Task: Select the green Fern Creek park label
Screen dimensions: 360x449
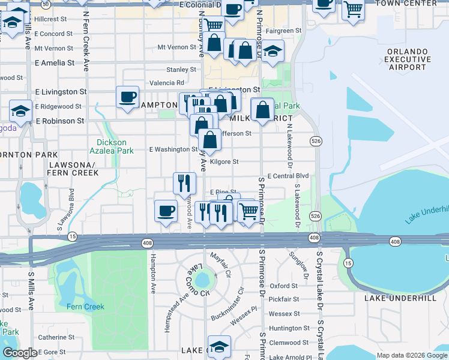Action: pyautogui.click(x=85, y=307)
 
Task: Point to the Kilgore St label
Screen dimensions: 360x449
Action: pyautogui.click(x=225, y=161)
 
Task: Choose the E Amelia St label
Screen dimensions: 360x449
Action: pyautogui.click(x=55, y=62)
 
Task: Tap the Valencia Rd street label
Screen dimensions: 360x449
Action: pyautogui.click(x=167, y=83)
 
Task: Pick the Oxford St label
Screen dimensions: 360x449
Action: pyautogui.click(x=285, y=286)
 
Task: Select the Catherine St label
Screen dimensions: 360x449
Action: pyautogui.click(x=56, y=337)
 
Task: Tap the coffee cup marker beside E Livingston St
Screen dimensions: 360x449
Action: pyautogui.click(x=127, y=97)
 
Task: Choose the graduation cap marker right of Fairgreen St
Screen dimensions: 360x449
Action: pyautogui.click(x=273, y=50)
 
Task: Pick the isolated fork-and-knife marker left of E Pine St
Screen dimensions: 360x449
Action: pyautogui.click(x=184, y=182)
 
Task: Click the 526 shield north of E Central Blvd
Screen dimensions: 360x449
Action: pyautogui.click(x=315, y=140)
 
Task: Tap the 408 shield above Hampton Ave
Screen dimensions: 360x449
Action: pyautogui.click(x=147, y=242)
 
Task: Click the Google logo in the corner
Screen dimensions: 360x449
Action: pyautogui.click(x=20, y=353)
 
